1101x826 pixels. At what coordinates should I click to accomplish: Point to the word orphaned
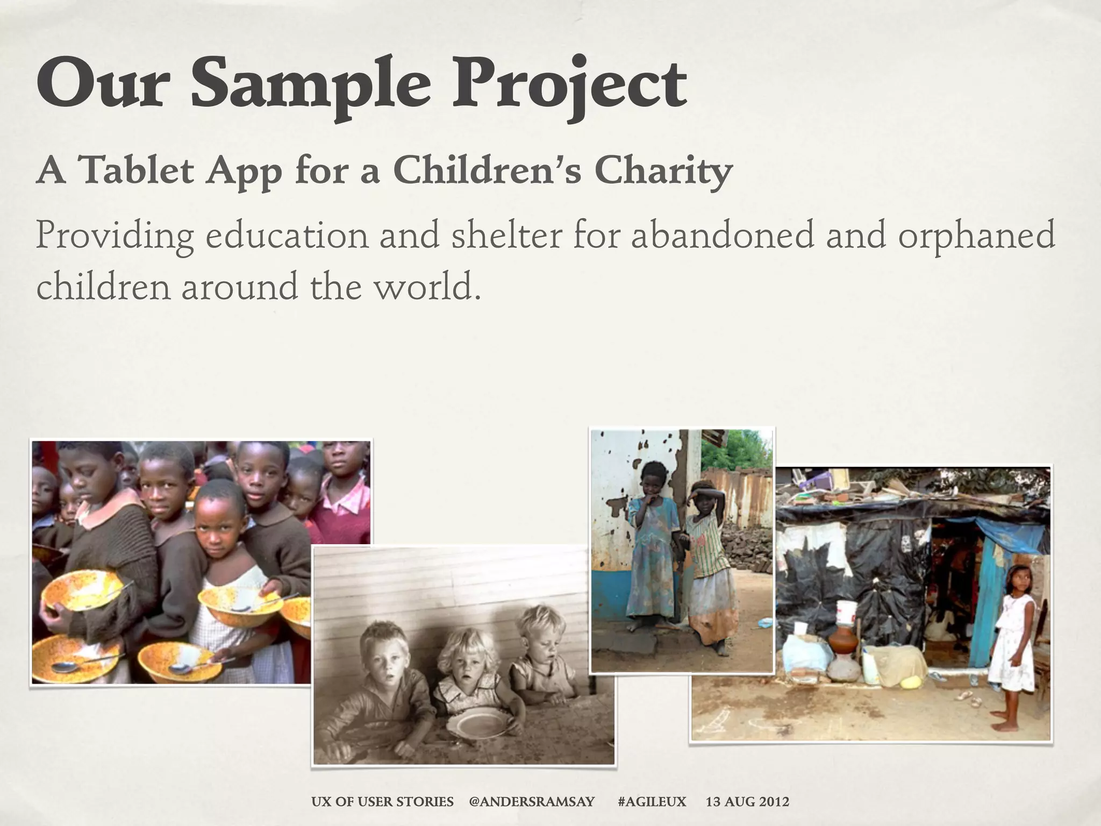point(976,236)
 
